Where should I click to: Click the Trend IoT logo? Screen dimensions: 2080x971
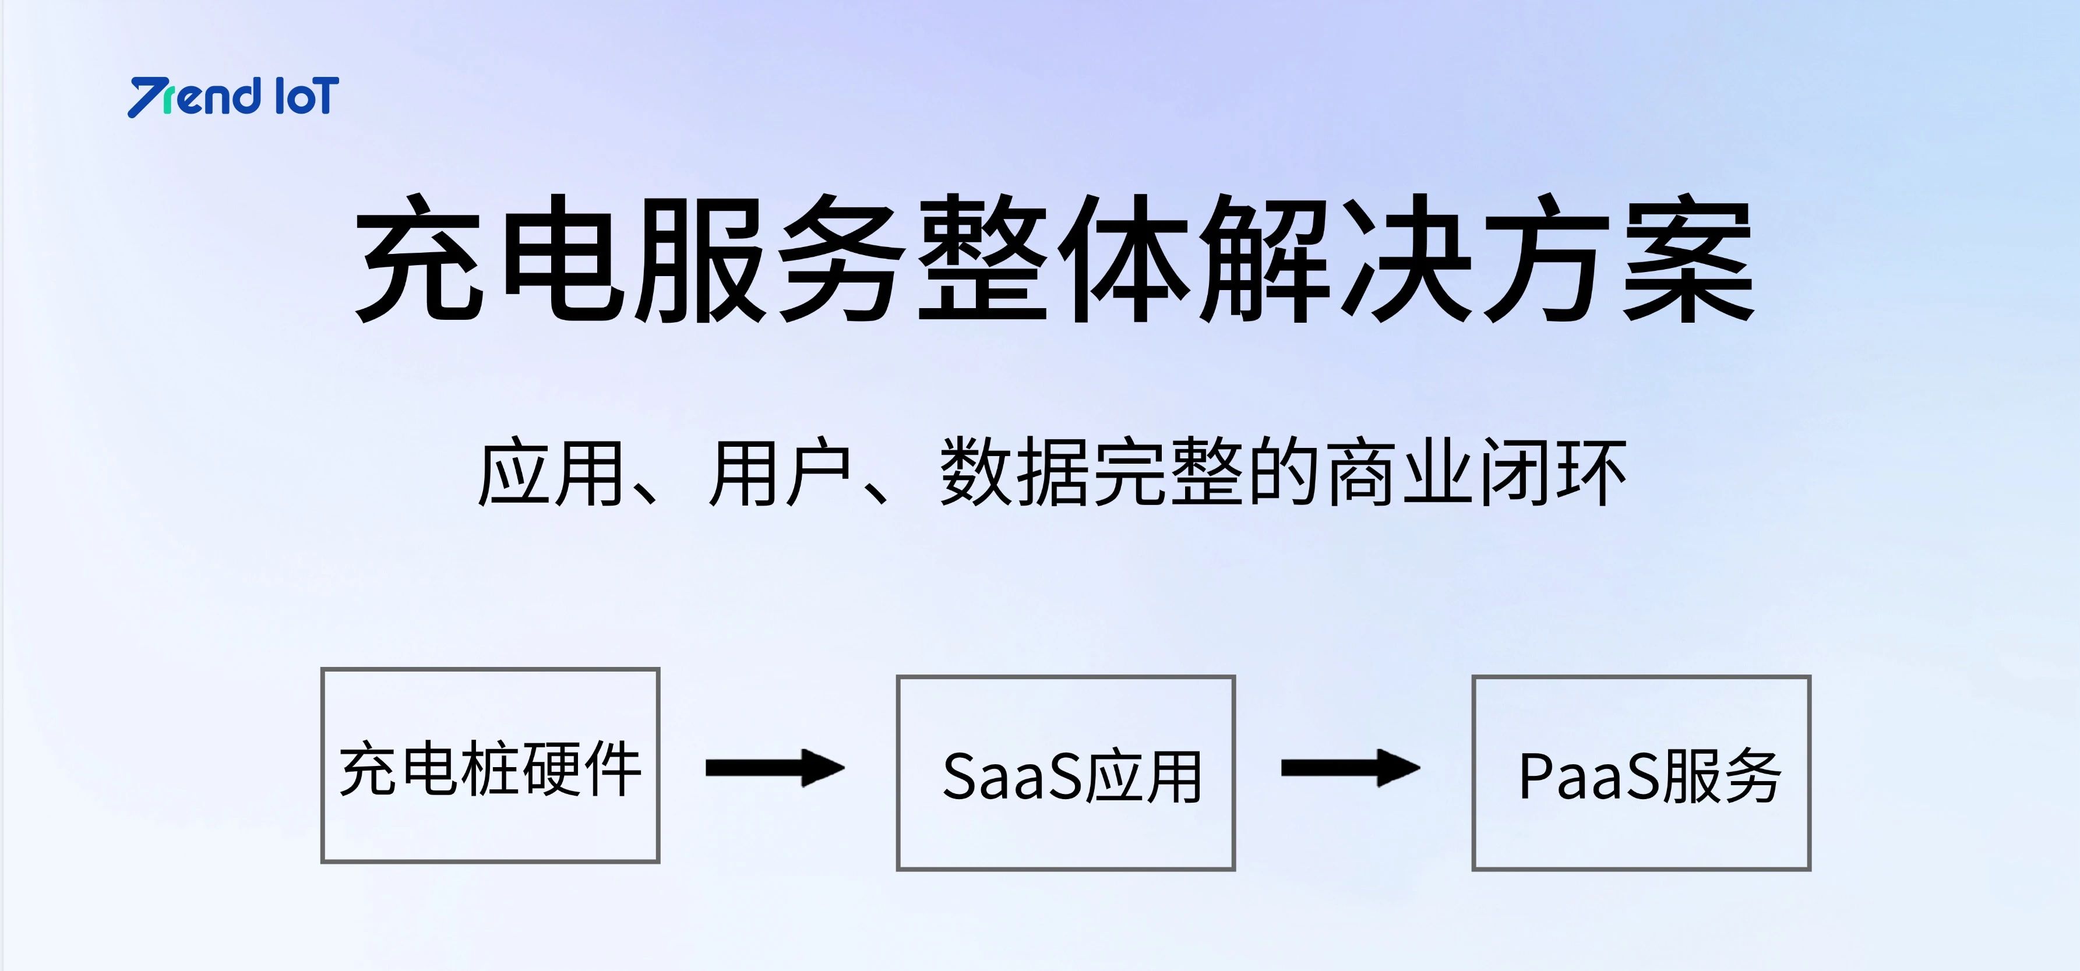pyautogui.click(x=234, y=97)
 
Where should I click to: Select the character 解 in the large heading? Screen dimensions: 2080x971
pyautogui.click(x=1264, y=257)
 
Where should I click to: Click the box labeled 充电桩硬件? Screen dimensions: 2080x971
pyautogui.click(x=490, y=765)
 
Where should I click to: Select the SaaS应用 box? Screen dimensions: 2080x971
pyautogui.click(x=1066, y=772)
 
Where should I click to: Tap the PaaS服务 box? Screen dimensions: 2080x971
pyautogui.click(x=1641, y=772)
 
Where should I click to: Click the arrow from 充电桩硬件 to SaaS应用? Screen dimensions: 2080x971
pyautogui.click(x=775, y=768)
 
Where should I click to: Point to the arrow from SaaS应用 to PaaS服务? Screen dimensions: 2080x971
pyautogui.click(x=1351, y=768)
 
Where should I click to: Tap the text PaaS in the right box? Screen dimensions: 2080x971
pyautogui.click(x=1589, y=776)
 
